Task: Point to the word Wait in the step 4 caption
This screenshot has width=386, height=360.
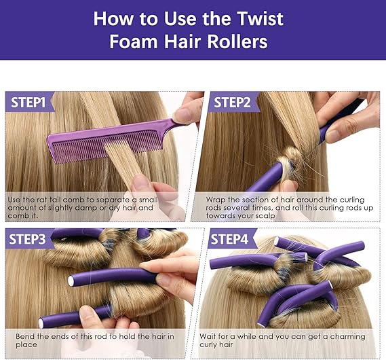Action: pyautogui.click(x=210, y=336)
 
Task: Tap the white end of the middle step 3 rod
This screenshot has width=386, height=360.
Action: pyautogui.click(x=71, y=280)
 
